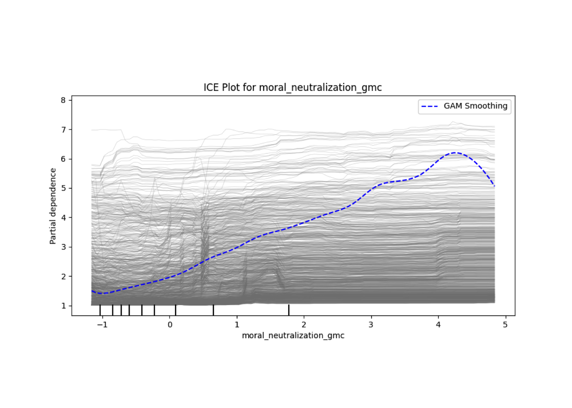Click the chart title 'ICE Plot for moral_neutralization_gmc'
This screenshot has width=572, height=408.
(x=292, y=88)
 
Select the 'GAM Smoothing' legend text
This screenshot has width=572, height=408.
(x=475, y=106)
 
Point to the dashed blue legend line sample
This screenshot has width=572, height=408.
(x=429, y=106)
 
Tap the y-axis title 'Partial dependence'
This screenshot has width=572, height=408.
(x=53, y=206)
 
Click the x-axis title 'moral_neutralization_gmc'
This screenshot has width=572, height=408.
(x=293, y=336)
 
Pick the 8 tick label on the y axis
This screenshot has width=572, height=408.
(x=63, y=100)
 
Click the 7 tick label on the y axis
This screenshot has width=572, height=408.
(x=63, y=130)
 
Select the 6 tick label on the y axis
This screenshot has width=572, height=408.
(x=63, y=159)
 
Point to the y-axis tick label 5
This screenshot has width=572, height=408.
(x=63, y=188)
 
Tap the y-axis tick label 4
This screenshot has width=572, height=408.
(x=63, y=218)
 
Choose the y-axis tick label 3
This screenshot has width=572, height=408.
(x=63, y=247)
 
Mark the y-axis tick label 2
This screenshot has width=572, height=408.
(x=63, y=276)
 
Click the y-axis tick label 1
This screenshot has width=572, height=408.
(x=63, y=306)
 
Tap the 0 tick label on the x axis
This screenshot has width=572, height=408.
(x=170, y=325)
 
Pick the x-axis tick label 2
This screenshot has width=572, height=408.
(x=304, y=325)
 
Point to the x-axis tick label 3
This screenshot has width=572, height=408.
(x=371, y=325)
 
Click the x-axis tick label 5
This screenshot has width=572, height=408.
(x=505, y=325)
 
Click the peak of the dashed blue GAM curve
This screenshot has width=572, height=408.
(x=456, y=153)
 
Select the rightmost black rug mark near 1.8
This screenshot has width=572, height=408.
(x=289, y=310)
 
